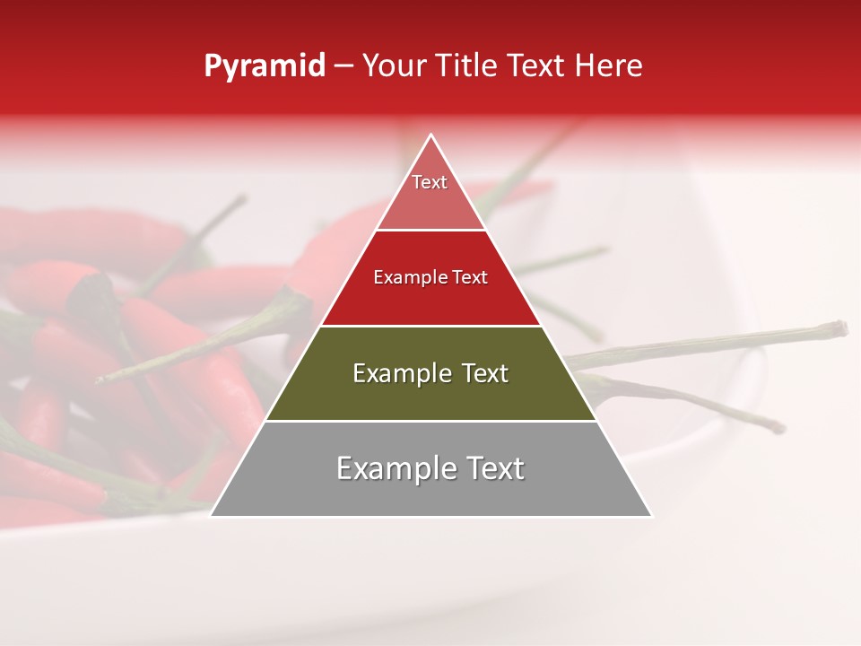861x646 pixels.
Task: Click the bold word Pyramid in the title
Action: tap(265, 66)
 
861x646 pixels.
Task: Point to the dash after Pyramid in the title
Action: tap(343, 66)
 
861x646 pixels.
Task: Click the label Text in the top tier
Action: tap(430, 182)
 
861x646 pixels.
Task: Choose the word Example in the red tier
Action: tap(403, 278)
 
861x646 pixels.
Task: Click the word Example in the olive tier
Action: tap(395, 373)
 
